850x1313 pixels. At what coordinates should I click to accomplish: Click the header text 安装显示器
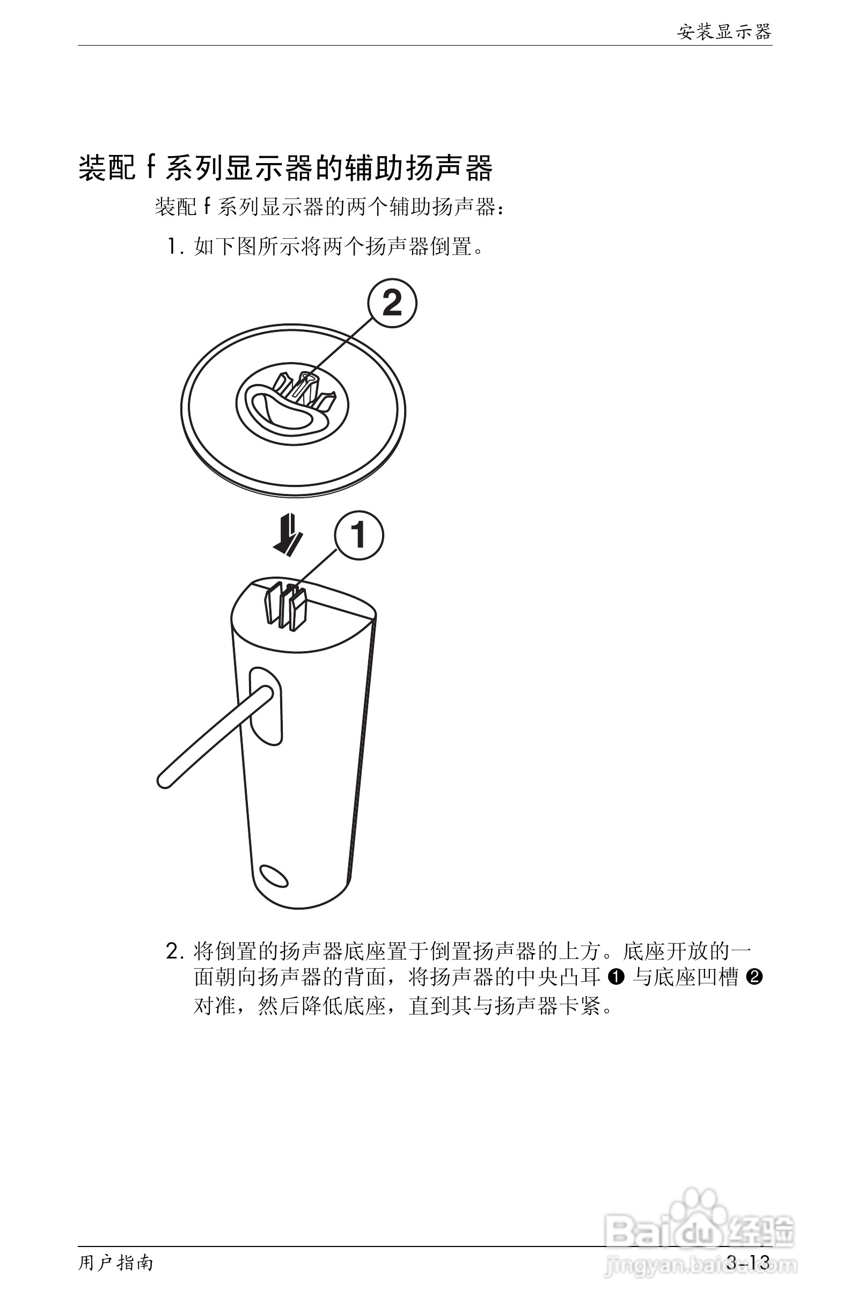coord(723,32)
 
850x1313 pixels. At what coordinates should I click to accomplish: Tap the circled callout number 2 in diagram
coord(392,304)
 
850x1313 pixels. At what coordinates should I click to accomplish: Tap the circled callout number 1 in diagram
coord(359,535)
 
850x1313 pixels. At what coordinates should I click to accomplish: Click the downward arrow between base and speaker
coord(288,535)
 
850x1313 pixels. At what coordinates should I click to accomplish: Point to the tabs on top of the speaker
coord(285,607)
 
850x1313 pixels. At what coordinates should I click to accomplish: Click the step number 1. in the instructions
coord(175,247)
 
